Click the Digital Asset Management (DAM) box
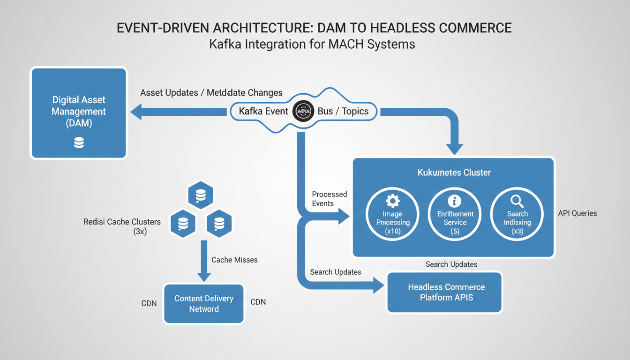click(x=79, y=113)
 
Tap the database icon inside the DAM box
click(x=79, y=142)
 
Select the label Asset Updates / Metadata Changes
click(x=211, y=93)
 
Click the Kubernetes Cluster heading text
click(x=454, y=172)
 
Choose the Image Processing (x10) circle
click(x=393, y=214)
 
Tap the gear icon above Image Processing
click(x=392, y=201)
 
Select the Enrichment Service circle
click(x=455, y=214)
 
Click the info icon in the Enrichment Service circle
click(x=454, y=201)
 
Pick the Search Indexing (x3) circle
click(x=517, y=214)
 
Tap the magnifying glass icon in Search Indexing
click(x=517, y=202)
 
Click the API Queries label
click(x=577, y=213)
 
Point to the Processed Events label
click(x=329, y=199)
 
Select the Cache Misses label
click(x=234, y=260)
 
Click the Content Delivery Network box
click(x=203, y=304)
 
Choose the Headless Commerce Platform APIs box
click(x=446, y=292)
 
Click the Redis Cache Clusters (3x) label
click(x=122, y=226)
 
